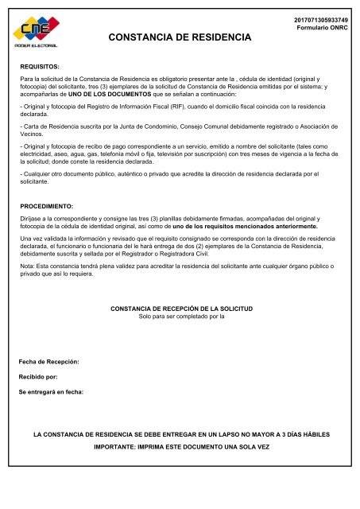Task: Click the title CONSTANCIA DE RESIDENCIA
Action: [180, 37]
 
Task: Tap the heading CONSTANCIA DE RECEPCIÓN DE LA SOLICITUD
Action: [181, 307]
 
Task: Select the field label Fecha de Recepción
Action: [50, 362]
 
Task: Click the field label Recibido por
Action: [38, 377]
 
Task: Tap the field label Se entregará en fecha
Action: [52, 392]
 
